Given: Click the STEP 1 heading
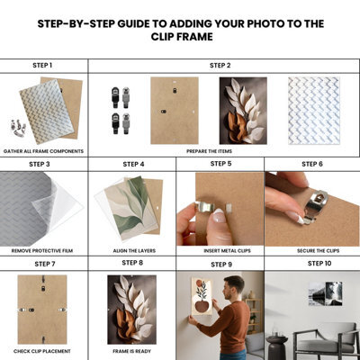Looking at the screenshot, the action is pos(42,66).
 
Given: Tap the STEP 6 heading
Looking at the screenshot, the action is pos(312,164).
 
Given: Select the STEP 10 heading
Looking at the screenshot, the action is pos(319,264).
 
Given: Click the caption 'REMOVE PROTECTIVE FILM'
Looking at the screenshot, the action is pos(42,251).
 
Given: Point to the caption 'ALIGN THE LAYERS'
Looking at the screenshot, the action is pos(134,251).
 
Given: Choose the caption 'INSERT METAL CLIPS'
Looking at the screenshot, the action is pos(227,251).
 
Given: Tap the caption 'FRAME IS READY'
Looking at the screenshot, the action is pos(131,351).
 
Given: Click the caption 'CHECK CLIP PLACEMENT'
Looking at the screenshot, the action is pos(42,351).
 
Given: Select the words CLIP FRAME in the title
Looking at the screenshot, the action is pos(182,37).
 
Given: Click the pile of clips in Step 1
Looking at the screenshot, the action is pos(18,128).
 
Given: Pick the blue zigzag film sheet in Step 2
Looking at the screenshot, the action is pos(314,111).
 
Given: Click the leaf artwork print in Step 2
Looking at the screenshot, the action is pos(243,111).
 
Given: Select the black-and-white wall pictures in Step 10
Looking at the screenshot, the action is pos(326,293).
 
